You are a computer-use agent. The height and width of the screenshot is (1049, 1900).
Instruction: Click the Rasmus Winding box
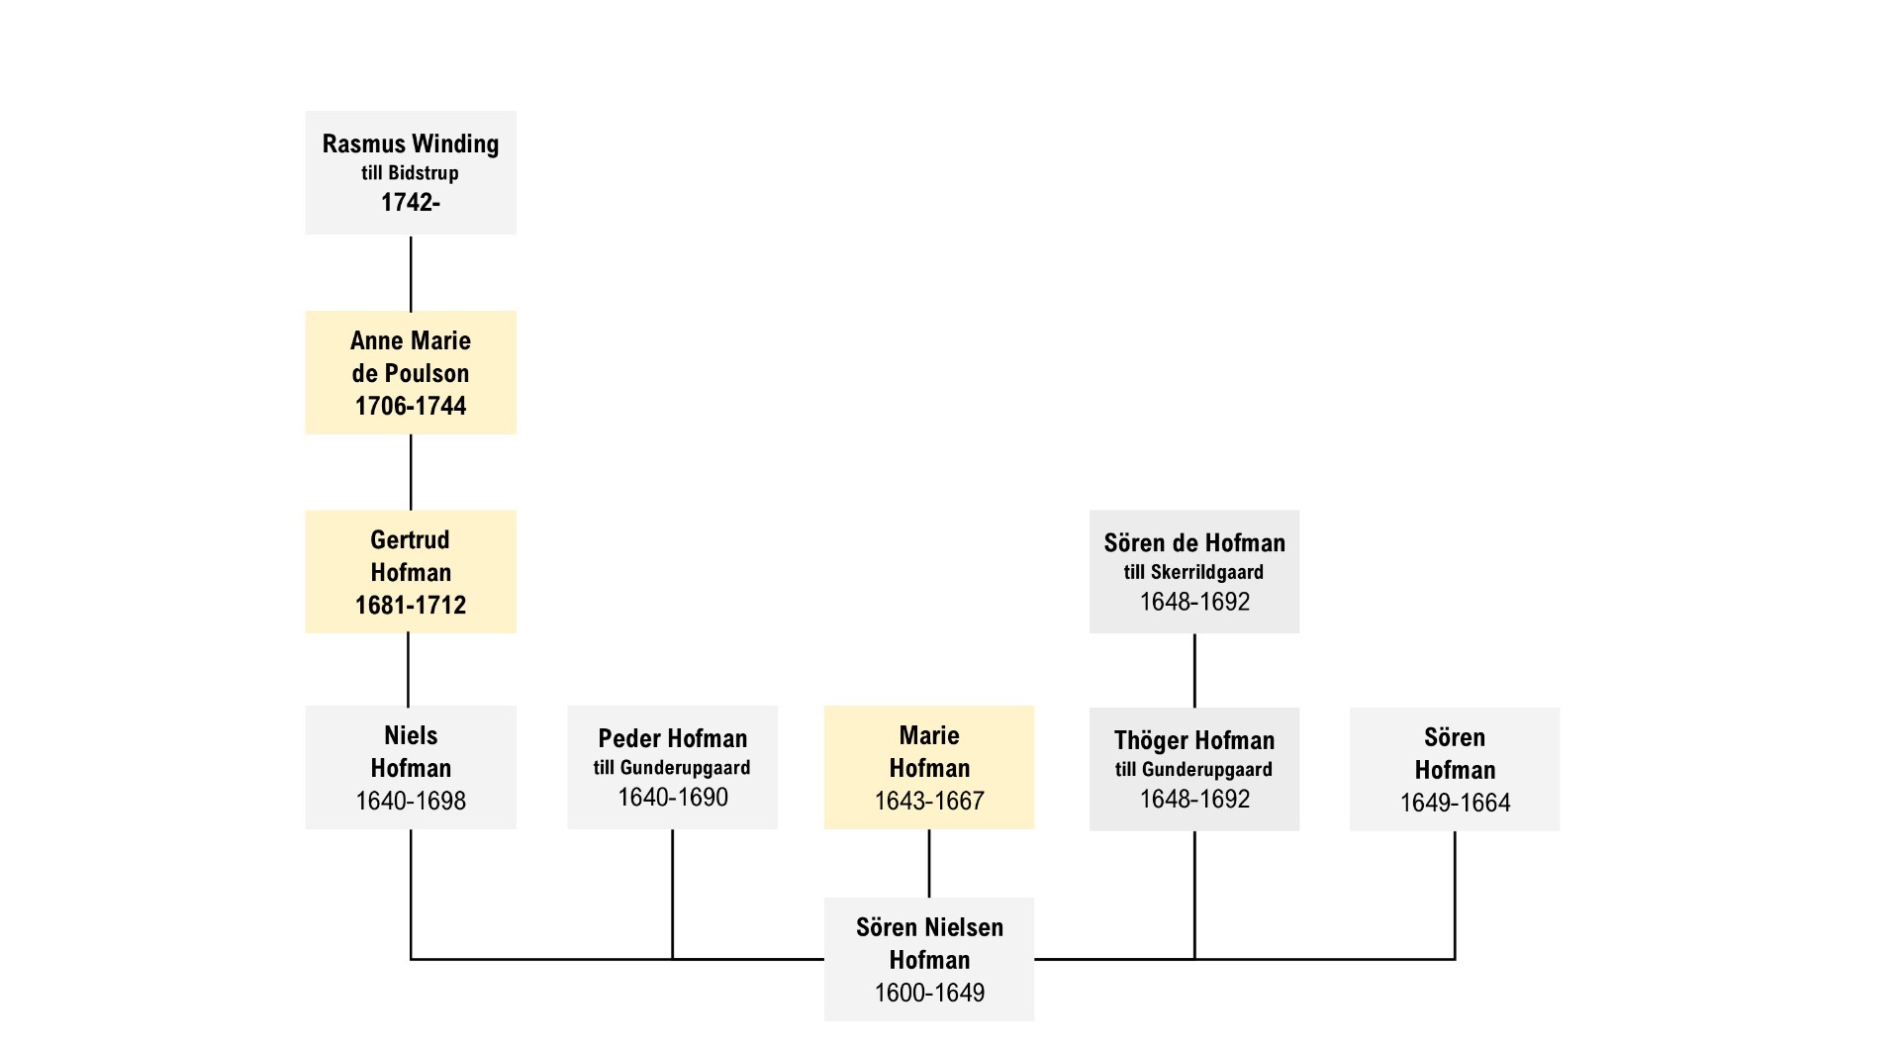[411, 172]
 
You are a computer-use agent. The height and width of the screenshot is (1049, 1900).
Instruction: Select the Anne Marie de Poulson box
[411, 372]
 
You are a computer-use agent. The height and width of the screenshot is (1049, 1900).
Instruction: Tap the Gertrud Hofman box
[411, 571]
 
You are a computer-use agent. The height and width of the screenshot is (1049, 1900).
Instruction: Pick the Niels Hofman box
[411, 767]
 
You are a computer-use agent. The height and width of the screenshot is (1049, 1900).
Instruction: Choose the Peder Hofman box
[672, 767]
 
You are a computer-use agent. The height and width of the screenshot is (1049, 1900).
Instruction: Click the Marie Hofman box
[929, 767]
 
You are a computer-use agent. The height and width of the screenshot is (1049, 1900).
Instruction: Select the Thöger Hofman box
[1194, 769]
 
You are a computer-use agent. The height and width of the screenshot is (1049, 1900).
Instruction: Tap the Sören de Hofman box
[1194, 571]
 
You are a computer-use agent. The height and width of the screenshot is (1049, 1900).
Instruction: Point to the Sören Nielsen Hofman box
[929, 959]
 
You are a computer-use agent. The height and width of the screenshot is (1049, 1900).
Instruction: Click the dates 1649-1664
[1455, 803]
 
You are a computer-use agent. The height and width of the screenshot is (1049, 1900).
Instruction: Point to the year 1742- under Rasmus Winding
[411, 202]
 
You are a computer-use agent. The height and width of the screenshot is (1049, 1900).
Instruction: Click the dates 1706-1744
[411, 406]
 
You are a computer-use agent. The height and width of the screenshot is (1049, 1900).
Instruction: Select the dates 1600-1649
[929, 993]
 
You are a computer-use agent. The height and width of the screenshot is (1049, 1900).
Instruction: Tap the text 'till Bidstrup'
[410, 173]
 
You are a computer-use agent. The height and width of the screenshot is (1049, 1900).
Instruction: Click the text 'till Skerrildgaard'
[1193, 572]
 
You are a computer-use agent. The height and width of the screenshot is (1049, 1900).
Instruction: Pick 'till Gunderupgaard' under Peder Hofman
[672, 768]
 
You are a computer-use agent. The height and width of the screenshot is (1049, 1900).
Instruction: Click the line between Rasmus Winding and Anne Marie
[411, 273]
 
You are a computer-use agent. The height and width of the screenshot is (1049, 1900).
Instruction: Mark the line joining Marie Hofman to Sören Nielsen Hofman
[929, 864]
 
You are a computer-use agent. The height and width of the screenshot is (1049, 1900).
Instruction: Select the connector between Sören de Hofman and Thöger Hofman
[1194, 671]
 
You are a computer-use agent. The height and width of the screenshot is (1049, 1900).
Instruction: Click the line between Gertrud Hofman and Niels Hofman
[408, 670]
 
